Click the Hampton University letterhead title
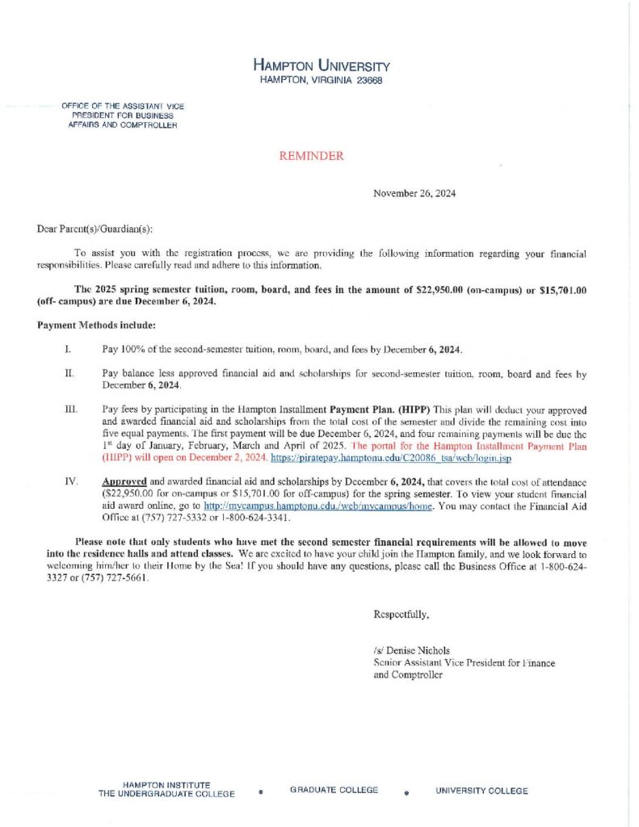click(322, 65)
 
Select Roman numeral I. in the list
click(69, 349)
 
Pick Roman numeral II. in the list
click(69, 374)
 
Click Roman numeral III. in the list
click(70, 410)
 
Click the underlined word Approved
click(124, 482)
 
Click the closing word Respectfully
click(401, 615)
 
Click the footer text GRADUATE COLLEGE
click(334, 790)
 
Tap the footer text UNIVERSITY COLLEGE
click(482, 791)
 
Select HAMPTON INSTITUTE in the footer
click(166, 784)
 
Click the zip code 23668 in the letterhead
click(367, 81)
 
